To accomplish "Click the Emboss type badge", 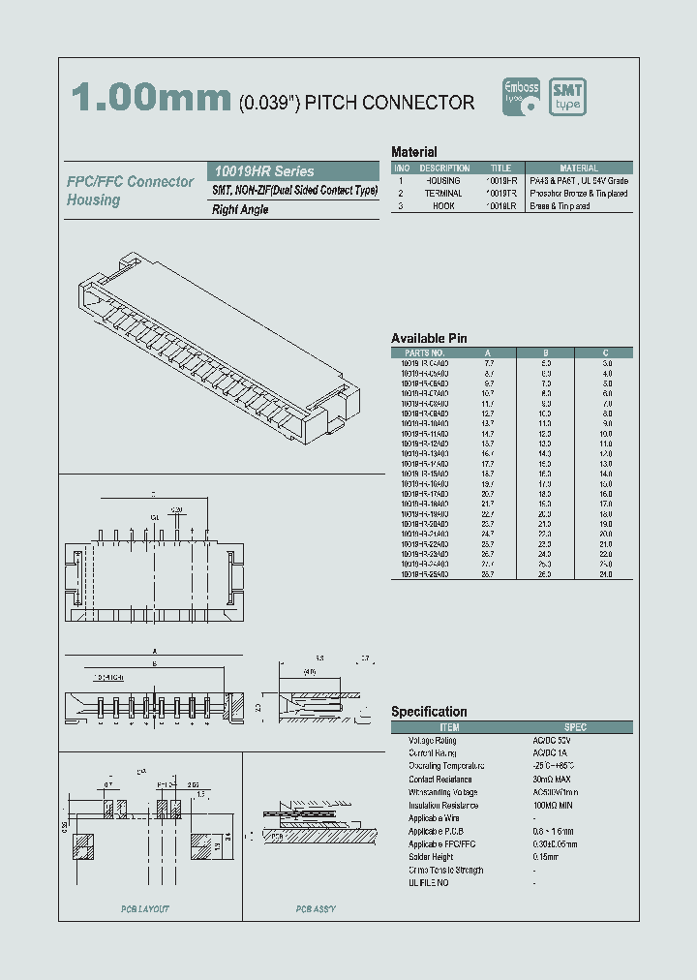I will click(524, 98).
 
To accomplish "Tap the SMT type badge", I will click(568, 98).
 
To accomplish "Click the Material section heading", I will click(413, 152).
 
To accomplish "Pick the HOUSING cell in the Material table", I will click(444, 181).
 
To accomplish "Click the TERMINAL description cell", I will click(444, 194).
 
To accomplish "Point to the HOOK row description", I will click(444, 206).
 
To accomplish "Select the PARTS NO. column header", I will click(424, 352).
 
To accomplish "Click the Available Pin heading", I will click(429, 338).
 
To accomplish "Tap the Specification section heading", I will click(429, 712).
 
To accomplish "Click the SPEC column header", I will click(575, 727).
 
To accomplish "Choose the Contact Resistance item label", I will click(440, 779).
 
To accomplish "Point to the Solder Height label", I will click(433, 856).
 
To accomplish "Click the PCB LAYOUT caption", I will click(145, 909).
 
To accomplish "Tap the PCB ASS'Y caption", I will click(316, 909).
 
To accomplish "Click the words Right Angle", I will click(240, 209).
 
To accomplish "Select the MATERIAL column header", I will click(579, 168).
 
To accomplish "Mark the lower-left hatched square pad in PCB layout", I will click(83, 847).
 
